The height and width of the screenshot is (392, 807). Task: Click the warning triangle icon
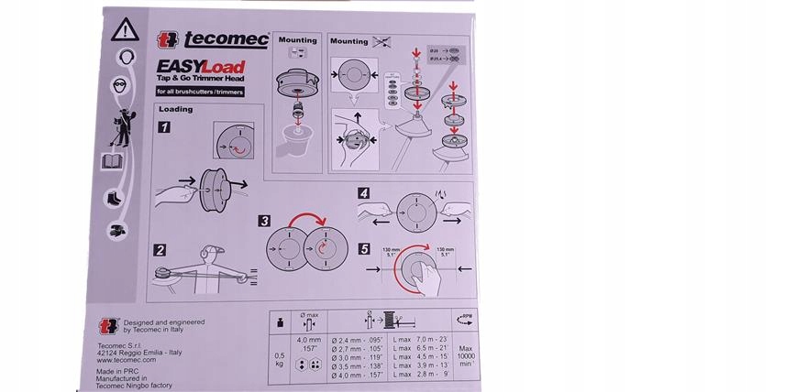[x=121, y=31]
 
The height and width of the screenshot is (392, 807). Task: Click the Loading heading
[x=176, y=110]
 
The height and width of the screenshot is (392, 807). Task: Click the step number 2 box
[x=160, y=249]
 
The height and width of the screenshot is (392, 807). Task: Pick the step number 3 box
[x=264, y=221]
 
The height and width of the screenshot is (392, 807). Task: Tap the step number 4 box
[x=365, y=193]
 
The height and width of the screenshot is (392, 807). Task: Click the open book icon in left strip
[x=112, y=163]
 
